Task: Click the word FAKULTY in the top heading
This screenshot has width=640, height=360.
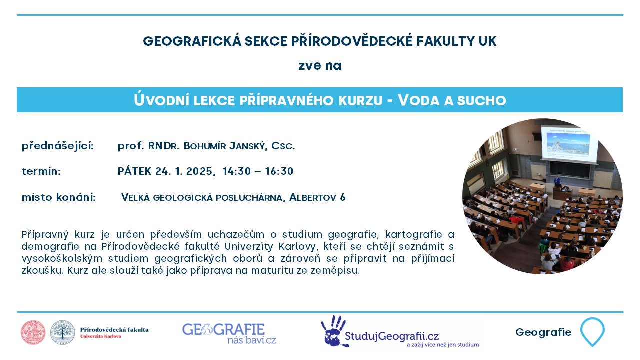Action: pyautogui.click(x=445, y=41)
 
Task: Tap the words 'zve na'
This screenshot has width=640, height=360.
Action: pyautogui.click(x=320, y=66)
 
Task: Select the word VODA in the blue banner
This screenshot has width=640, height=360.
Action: pyautogui.click(x=419, y=100)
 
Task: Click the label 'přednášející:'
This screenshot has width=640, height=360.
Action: pyautogui.click(x=58, y=146)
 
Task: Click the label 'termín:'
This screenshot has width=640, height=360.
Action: pyautogui.click(x=41, y=171)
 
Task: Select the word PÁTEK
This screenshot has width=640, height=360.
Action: pyautogui.click(x=134, y=171)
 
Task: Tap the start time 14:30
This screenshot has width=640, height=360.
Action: pyautogui.click(x=237, y=171)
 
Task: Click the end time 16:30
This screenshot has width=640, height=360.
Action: pyautogui.click(x=279, y=171)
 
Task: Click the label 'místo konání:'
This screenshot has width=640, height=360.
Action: pyautogui.click(x=59, y=197)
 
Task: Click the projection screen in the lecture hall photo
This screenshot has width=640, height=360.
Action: pyautogui.click(x=569, y=145)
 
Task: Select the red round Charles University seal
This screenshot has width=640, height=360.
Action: pyautogui.click(x=33, y=332)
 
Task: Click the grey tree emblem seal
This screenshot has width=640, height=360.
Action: pyautogui.click(x=63, y=332)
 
